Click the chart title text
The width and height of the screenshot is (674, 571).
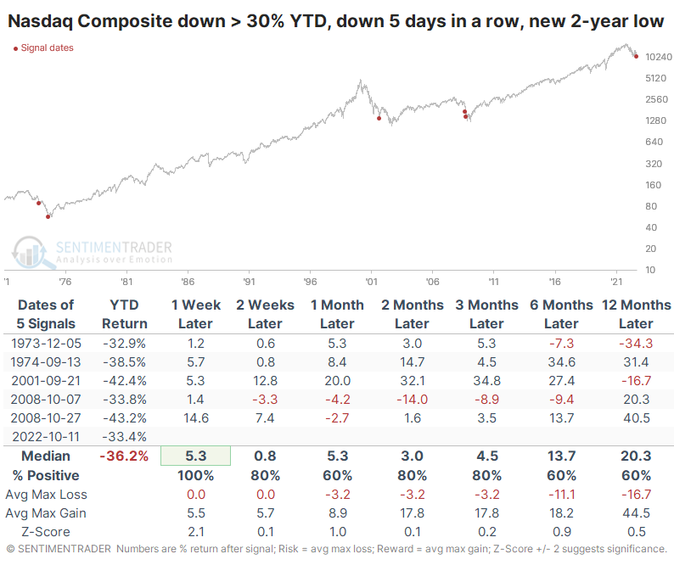tap(337, 21)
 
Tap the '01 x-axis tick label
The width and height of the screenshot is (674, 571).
tap(371, 281)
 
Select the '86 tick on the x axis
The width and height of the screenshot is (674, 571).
tap(187, 281)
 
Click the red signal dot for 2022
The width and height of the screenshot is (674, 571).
tap(636, 56)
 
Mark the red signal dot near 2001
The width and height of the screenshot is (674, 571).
tap(379, 119)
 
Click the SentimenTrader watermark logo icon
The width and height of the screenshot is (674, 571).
tap(28, 252)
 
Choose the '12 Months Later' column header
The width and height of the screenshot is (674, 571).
tap(636, 314)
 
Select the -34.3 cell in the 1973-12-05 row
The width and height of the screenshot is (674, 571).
tap(636, 343)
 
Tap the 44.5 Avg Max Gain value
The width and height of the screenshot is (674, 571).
tap(636, 512)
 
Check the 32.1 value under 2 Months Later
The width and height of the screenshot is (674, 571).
tap(412, 380)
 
